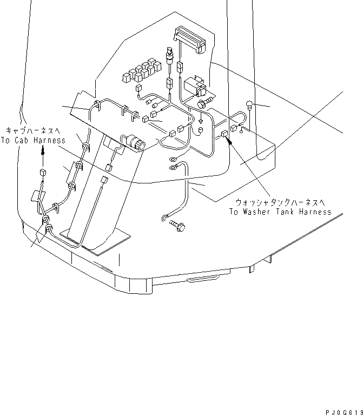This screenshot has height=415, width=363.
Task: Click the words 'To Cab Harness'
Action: (x=34, y=140)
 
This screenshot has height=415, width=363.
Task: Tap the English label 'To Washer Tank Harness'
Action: (x=279, y=212)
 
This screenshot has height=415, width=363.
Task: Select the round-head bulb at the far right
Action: (x=249, y=105)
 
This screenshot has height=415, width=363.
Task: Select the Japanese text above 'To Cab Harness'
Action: (x=34, y=130)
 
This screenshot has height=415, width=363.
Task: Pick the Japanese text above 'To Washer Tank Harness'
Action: (x=279, y=202)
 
